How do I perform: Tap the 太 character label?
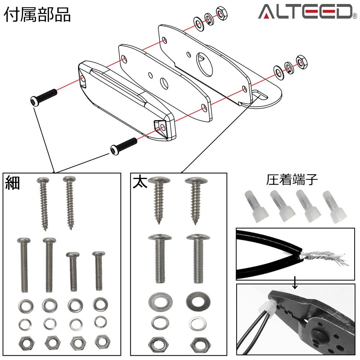point(140,182)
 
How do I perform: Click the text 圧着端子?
point(292,180)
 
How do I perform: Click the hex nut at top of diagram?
point(221,13)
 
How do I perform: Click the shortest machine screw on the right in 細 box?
point(98,271)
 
